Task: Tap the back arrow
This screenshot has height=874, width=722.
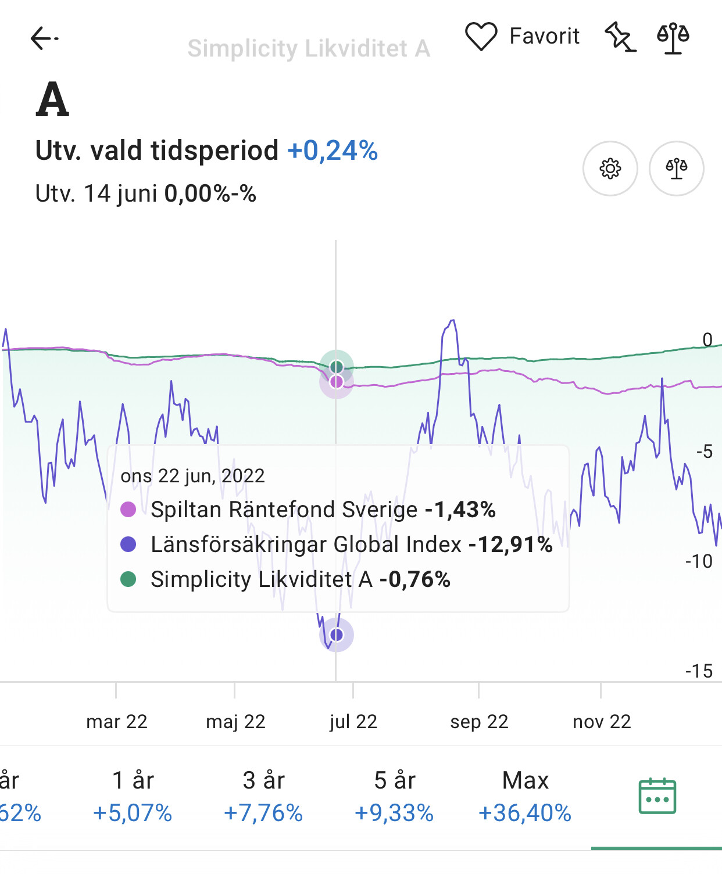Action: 44,38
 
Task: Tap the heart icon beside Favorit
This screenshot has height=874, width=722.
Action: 481,36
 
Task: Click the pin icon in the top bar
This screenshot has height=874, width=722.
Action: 620,37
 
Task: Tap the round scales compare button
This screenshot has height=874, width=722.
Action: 676,169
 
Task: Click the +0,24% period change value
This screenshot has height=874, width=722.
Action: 333,151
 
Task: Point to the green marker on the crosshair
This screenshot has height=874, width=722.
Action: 337,367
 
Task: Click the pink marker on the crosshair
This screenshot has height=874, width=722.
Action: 337,382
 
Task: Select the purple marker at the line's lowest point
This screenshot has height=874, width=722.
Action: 337,635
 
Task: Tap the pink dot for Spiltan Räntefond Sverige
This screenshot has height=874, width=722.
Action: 128,510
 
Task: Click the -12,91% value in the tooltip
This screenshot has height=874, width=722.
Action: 510,545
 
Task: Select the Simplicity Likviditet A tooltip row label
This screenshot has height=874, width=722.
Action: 261,579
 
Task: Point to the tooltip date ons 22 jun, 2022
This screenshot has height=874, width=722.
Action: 192,476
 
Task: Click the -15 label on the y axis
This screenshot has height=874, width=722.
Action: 699,671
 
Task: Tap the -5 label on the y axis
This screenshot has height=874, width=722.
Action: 704,451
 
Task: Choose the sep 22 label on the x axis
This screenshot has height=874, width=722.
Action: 479,722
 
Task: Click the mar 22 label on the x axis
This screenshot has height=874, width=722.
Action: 116,722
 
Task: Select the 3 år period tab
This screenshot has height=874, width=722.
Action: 263,796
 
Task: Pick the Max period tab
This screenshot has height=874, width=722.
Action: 525,796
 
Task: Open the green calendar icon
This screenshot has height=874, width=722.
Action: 657,796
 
